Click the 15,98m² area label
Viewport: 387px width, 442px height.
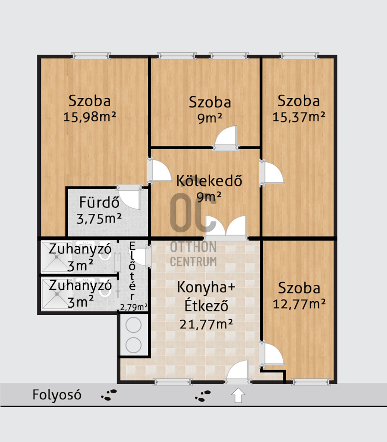pos(90,117)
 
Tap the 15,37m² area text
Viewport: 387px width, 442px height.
pos(298,117)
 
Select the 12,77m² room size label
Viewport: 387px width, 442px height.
pos(299,304)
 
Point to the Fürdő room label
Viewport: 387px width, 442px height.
pos(99,202)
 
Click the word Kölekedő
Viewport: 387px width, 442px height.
pos(209,181)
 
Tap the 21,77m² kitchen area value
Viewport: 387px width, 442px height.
pos(206,324)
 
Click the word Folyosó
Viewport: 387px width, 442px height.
pos(57,394)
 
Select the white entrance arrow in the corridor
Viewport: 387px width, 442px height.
pos(238,395)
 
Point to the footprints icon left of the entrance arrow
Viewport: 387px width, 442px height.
pos(203,396)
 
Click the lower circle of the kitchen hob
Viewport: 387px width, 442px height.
pos(133,345)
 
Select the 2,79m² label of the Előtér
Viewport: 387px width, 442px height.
pos(134,307)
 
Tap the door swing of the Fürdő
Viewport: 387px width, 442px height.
pos(129,197)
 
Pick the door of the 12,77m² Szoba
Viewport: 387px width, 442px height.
pos(271,354)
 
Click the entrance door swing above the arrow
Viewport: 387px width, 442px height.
pos(238,372)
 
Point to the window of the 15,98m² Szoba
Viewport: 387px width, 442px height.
pos(91,56)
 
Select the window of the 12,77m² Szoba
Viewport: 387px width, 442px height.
pos(311,382)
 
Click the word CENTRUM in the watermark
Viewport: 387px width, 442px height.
pos(194,262)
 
